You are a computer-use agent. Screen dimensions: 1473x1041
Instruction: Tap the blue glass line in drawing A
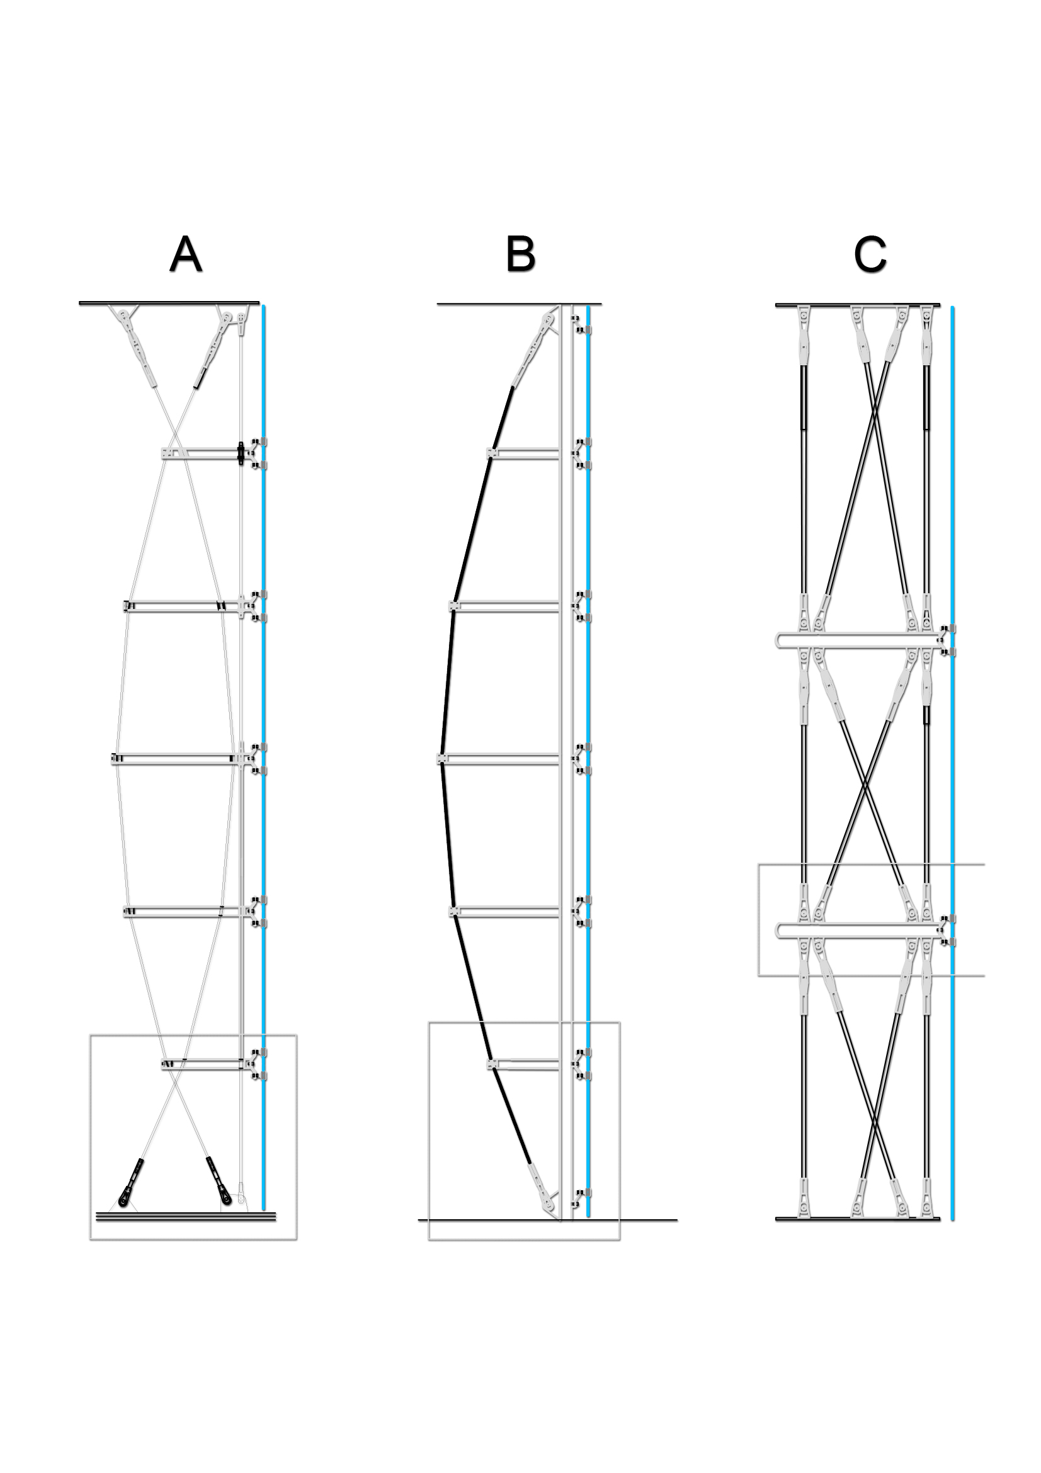tap(264, 706)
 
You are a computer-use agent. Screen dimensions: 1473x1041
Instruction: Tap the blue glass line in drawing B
tap(588, 706)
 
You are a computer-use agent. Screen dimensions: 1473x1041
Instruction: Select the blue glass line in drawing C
tap(952, 770)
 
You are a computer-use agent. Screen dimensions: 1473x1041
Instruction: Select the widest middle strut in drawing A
tap(176, 759)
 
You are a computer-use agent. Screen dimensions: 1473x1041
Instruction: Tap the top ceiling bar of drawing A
tap(169, 303)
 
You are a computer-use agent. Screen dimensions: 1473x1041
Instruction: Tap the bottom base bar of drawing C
tap(858, 1219)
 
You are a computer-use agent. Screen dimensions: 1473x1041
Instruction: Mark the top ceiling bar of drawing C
tap(858, 305)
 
